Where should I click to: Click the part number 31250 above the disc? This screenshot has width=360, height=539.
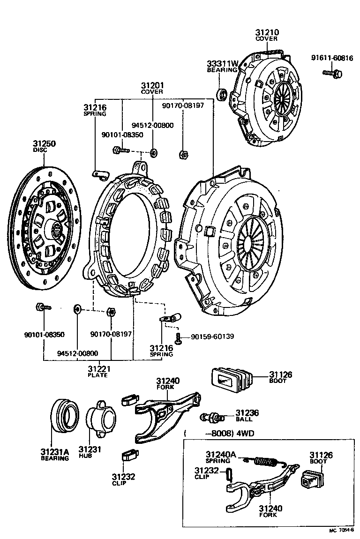point(44,143)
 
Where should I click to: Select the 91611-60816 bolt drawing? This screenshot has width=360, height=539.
point(333,73)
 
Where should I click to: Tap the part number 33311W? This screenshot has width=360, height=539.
point(223,64)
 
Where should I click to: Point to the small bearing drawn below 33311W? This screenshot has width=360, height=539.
point(222,93)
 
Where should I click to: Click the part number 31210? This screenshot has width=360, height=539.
point(267,32)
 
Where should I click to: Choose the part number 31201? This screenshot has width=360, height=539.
point(152,86)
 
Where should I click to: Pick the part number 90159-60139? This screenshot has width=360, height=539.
point(211,337)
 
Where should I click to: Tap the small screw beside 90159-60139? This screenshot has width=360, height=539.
point(179,336)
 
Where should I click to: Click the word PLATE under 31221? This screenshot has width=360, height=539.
point(98,375)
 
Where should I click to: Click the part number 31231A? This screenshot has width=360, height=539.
point(54,451)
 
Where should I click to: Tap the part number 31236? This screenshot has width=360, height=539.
point(247,412)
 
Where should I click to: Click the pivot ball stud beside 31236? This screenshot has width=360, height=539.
point(212,417)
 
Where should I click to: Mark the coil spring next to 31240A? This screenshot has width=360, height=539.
point(266,462)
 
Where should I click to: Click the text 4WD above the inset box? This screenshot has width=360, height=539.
point(249,433)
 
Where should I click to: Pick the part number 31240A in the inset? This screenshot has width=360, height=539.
point(221,454)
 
